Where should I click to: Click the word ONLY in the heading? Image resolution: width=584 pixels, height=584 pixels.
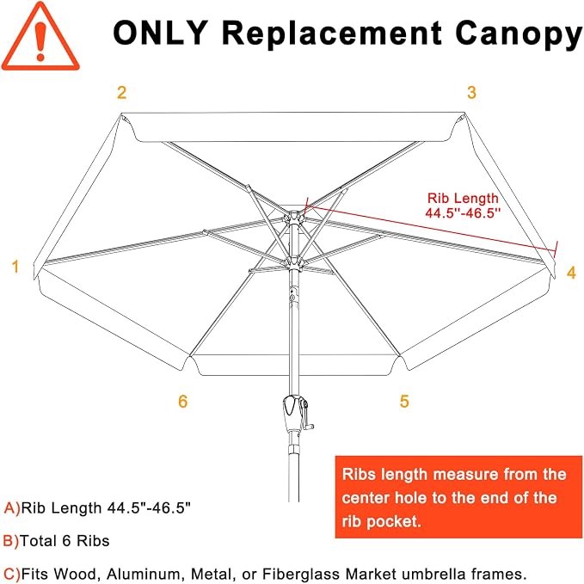pos(160,33)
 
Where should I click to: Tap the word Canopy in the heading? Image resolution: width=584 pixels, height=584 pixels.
pos(519,34)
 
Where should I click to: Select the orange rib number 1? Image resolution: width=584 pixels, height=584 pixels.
pos(15,267)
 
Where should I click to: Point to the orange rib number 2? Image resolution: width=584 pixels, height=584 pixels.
pos(122,92)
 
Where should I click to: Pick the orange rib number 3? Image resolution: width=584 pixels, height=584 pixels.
pos(471,92)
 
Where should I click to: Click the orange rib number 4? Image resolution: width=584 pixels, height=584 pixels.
pos(571,273)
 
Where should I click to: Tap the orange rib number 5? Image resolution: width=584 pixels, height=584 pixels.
pos(404,401)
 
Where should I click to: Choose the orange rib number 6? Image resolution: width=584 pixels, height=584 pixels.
pos(182,401)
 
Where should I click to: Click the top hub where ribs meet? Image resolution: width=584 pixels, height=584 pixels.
pos(292,217)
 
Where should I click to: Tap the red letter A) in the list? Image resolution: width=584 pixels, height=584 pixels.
pos(11,508)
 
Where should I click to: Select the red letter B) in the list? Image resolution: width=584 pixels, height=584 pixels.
pos(11,541)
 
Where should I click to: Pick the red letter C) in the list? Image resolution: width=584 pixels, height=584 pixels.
pos(11,574)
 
